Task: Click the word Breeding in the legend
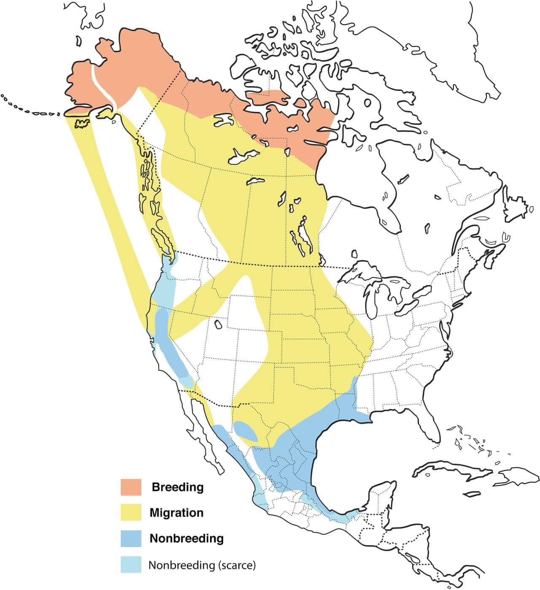pos(178,487)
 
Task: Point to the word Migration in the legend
pos(176,513)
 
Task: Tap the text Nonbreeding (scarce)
pos(202,565)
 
